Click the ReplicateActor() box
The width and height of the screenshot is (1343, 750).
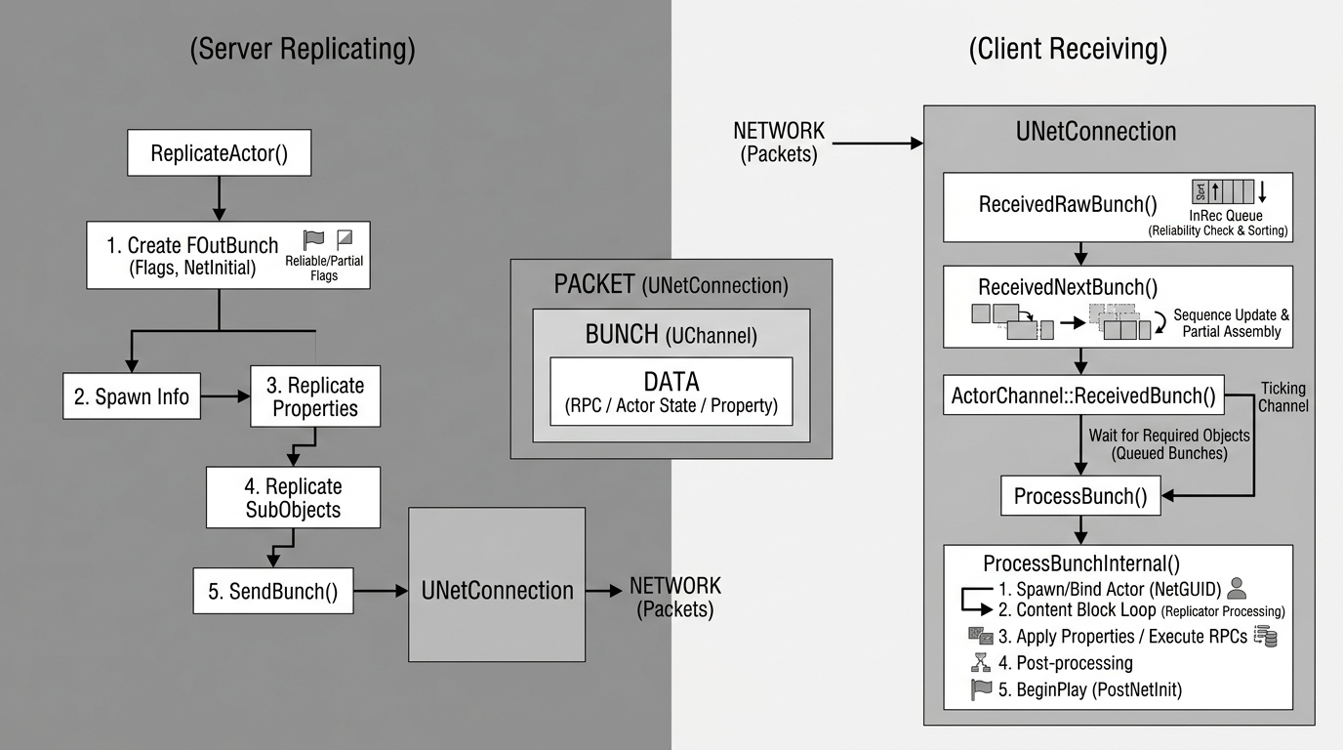pyautogui.click(x=219, y=152)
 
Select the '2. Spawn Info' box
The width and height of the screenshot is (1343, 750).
pyautogui.click(x=132, y=396)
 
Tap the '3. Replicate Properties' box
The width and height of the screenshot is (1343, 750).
pyautogui.click(x=314, y=396)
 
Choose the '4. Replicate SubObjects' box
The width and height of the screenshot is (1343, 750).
pyautogui.click(x=293, y=497)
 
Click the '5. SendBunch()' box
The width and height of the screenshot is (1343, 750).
pyautogui.click(x=273, y=591)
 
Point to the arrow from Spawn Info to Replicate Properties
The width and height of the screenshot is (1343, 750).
pyautogui.click(x=225, y=396)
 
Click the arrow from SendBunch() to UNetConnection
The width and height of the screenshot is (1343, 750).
pyautogui.click(x=381, y=591)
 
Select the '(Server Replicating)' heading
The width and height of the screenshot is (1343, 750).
pyautogui.click(x=303, y=49)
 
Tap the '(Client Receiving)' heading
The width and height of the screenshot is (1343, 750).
pyautogui.click(x=1068, y=49)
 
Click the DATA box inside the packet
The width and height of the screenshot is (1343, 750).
pyautogui.click(x=671, y=392)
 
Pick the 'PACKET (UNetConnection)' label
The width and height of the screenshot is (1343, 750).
pyautogui.click(x=671, y=284)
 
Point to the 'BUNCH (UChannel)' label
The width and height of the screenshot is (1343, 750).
pyautogui.click(x=671, y=334)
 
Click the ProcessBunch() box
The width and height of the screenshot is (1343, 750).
pyautogui.click(x=1080, y=495)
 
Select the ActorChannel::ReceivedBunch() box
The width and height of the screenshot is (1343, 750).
pyautogui.click(x=1083, y=396)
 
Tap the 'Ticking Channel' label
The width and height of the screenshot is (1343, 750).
pyautogui.click(x=1283, y=397)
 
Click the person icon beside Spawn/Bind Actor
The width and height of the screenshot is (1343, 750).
pyautogui.click(x=1237, y=589)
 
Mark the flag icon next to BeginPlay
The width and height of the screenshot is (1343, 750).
pyautogui.click(x=981, y=689)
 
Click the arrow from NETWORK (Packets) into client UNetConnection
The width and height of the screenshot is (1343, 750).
pyautogui.click(x=877, y=144)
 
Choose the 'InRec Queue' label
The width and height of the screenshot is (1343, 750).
pyautogui.click(x=1226, y=216)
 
